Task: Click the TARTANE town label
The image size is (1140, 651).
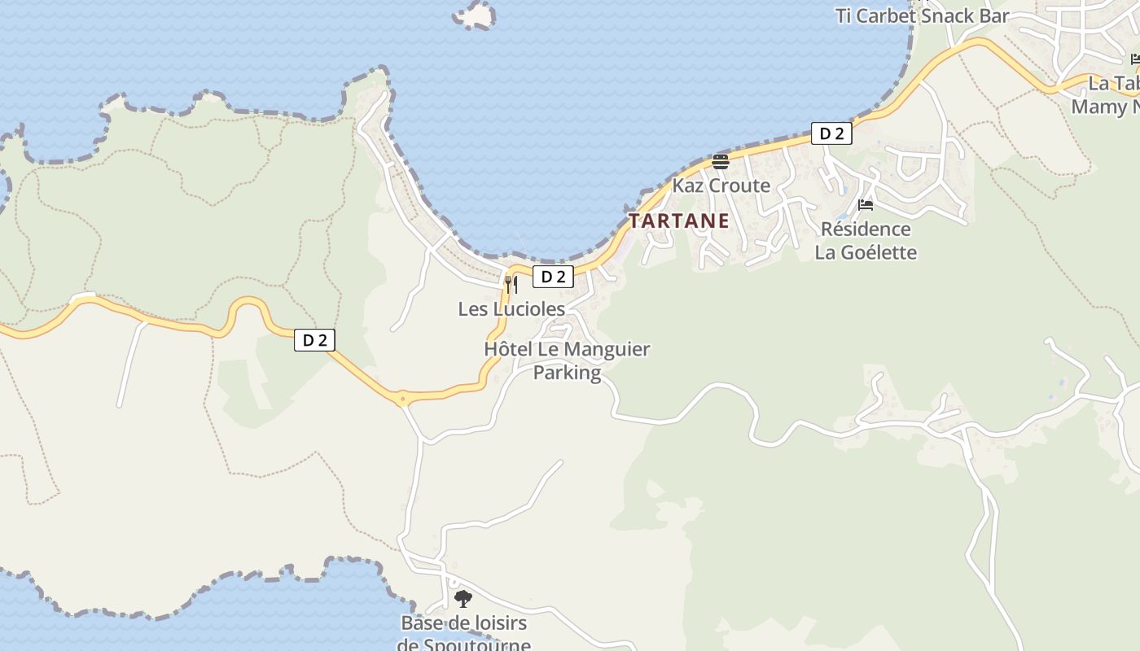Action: tap(678, 221)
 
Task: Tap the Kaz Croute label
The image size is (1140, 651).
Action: tap(721, 186)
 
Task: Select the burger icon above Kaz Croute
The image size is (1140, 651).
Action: tap(721, 160)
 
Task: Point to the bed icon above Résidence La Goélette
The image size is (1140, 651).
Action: tap(866, 204)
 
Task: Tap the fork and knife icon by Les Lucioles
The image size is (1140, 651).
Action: tap(511, 284)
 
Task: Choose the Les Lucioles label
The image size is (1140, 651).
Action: tap(511, 309)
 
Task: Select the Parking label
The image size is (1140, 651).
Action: tap(567, 373)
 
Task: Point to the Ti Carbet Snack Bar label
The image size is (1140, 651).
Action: tap(922, 15)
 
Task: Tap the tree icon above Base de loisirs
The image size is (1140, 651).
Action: tap(463, 600)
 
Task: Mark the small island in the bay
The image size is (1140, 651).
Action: tap(475, 15)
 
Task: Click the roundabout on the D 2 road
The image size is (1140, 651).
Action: tap(402, 399)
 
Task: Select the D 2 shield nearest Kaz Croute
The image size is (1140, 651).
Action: tap(831, 133)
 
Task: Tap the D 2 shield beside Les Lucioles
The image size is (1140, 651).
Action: tap(553, 277)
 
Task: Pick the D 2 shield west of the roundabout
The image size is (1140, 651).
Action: tap(314, 340)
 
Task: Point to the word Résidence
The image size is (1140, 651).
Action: tap(865, 229)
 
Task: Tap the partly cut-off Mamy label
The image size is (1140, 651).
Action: tap(1104, 107)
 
